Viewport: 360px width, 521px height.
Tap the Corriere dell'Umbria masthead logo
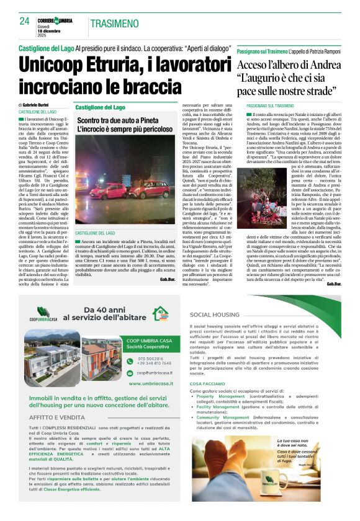click(58, 20)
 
